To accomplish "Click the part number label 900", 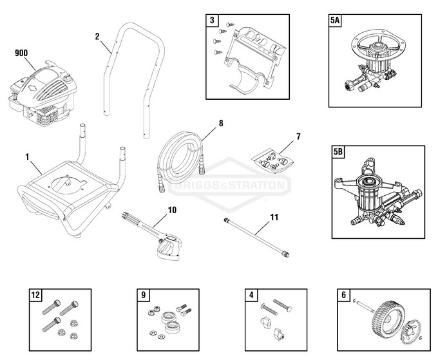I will pos(21,53).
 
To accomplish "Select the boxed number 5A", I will pos(336,21).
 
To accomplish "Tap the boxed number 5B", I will pos(337,153).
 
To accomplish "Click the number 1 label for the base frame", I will pos(27,156).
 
